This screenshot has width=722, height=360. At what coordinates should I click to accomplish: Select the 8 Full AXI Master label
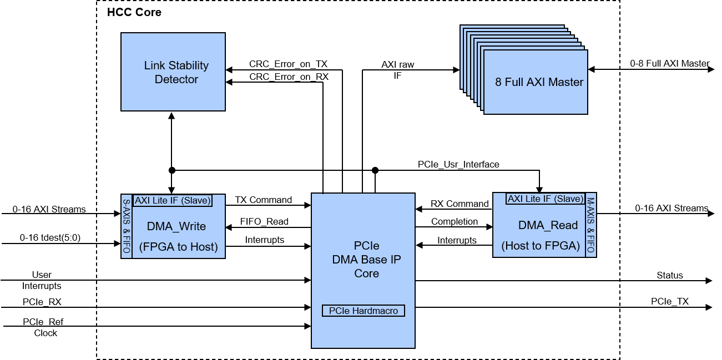click(x=539, y=82)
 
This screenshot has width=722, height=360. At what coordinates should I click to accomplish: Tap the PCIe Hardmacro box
click(x=363, y=311)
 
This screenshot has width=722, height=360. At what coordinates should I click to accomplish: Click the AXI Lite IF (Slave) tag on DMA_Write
click(x=173, y=201)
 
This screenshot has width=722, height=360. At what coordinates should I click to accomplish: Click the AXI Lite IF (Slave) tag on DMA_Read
click(x=545, y=199)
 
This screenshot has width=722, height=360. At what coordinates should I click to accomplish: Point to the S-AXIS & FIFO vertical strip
click(x=127, y=226)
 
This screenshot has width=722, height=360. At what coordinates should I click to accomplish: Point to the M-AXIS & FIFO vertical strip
click(x=590, y=225)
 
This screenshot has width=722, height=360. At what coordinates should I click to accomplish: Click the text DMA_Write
click(x=176, y=226)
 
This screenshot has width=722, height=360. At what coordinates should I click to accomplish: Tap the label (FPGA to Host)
click(x=178, y=247)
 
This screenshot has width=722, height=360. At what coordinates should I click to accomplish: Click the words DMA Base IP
click(x=366, y=260)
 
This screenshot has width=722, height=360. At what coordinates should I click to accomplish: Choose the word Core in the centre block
click(x=366, y=273)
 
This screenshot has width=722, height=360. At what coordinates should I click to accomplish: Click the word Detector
click(x=176, y=79)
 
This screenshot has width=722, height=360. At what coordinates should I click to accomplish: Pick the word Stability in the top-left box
click(x=188, y=65)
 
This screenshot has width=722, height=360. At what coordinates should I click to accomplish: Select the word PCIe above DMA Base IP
click(x=366, y=246)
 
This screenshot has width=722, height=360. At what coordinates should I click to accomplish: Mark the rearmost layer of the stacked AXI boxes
click(x=463, y=55)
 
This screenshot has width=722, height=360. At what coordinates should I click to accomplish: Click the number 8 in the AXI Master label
click(x=498, y=82)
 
